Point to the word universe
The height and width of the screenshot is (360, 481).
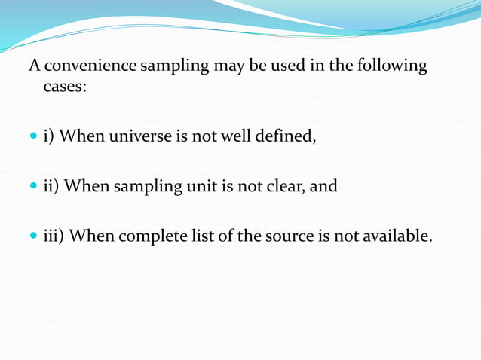(141, 136)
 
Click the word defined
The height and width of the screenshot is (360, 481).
(284, 136)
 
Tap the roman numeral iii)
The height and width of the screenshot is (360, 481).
(55, 236)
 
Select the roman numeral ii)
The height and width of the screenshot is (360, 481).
(52, 185)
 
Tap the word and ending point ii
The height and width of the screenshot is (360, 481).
(324, 185)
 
